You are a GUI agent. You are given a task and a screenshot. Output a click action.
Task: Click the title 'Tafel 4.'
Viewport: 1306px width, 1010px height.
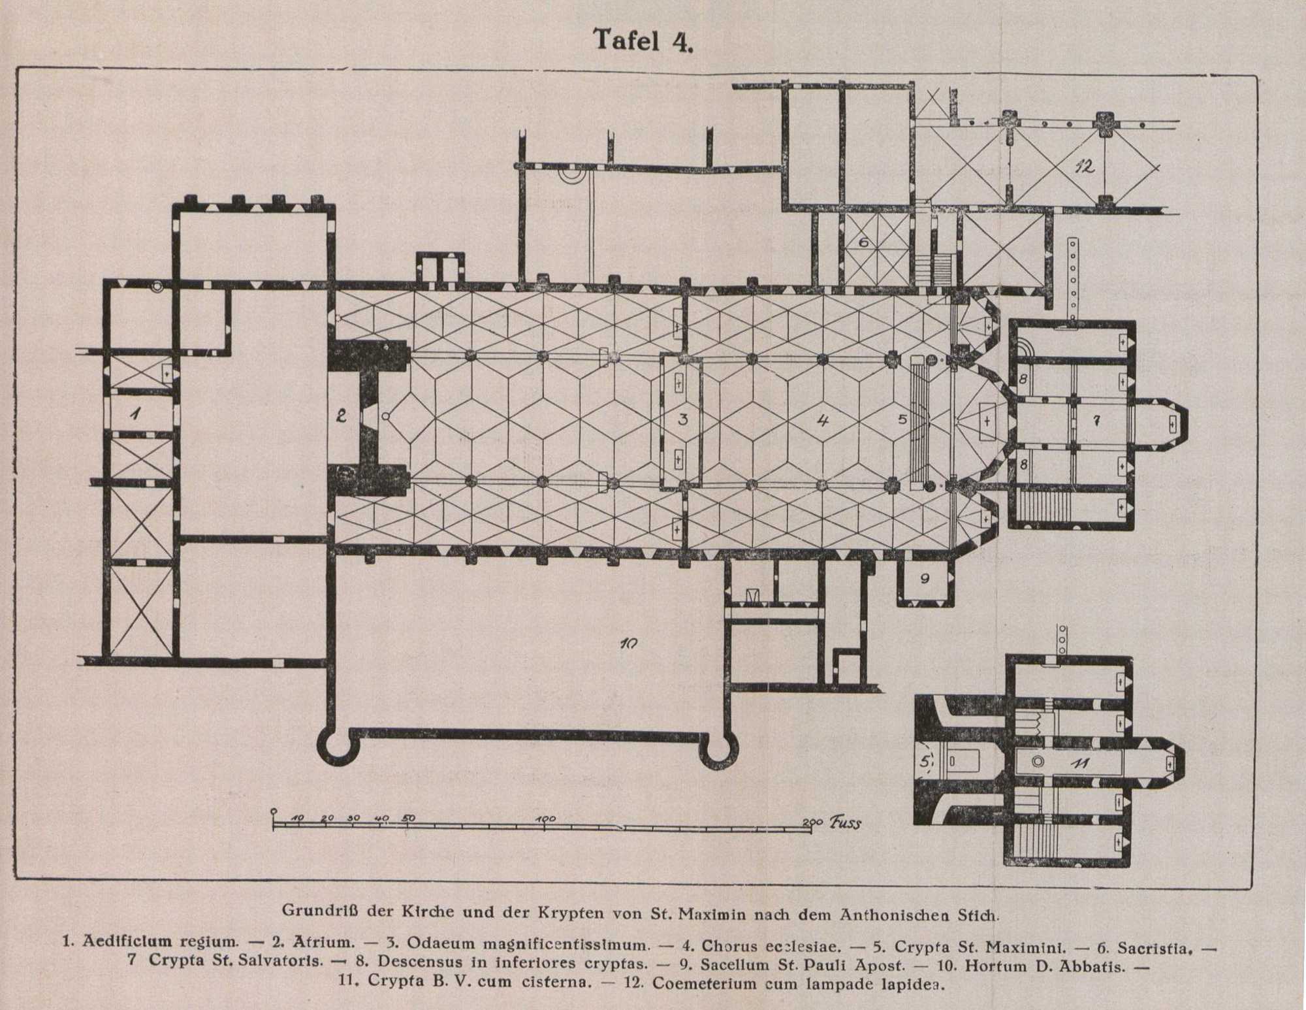[643, 41]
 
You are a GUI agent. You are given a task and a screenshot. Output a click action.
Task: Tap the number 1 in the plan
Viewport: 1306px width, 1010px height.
[135, 413]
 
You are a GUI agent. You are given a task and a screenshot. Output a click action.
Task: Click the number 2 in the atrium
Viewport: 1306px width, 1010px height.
[341, 415]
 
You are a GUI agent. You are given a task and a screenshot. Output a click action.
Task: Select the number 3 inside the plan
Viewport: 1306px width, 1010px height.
[683, 419]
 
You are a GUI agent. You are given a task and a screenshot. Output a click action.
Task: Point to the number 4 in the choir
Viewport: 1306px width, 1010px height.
[823, 420]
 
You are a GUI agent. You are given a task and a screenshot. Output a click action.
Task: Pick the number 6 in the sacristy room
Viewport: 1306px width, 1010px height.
[863, 242]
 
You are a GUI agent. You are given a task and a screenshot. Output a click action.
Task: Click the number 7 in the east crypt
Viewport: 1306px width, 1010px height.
[1097, 421]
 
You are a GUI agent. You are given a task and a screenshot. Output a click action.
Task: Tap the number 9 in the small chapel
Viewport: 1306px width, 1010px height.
[924, 578]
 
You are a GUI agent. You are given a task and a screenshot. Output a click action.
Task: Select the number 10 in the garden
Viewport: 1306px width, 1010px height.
[629, 644]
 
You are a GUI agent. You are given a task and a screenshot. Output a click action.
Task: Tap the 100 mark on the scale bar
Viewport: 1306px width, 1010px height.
[545, 819]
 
